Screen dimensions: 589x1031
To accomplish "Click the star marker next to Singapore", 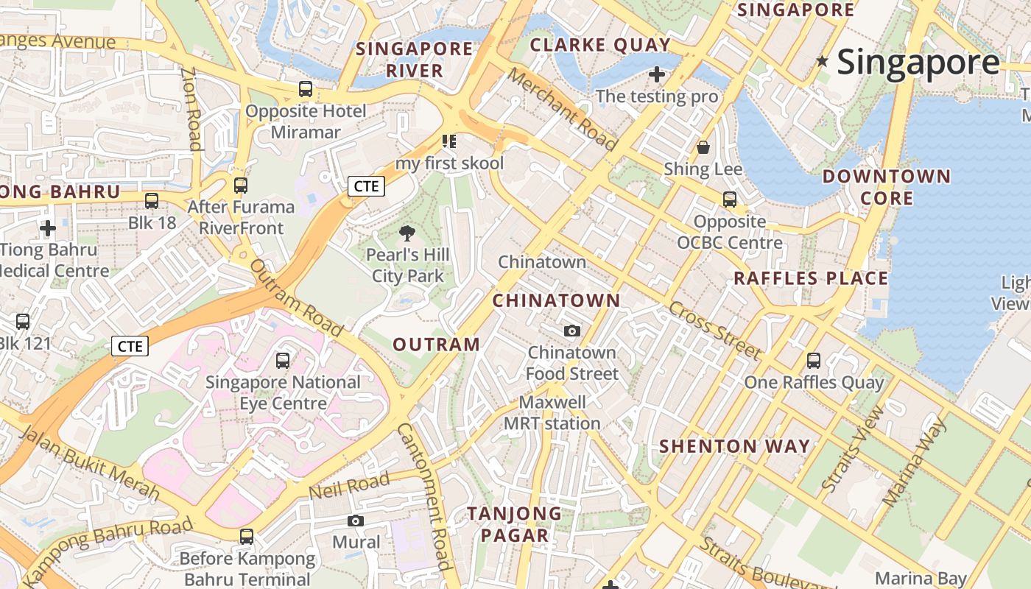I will click(x=823, y=62).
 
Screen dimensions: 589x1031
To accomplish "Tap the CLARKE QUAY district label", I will click(x=600, y=45).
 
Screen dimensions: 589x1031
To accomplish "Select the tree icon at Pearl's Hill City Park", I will click(x=407, y=234).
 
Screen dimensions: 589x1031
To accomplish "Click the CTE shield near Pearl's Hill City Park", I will click(x=366, y=186).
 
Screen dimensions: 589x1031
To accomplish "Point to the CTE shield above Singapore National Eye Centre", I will click(x=130, y=345).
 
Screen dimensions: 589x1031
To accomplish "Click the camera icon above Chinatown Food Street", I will click(x=572, y=331).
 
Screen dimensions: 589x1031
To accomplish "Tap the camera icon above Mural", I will click(x=356, y=521).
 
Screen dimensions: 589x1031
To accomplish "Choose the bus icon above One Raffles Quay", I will click(x=814, y=360).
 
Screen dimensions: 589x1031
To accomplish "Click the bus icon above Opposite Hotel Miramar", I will click(x=306, y=90).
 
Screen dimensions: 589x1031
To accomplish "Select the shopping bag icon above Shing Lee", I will click(x=703, y=147).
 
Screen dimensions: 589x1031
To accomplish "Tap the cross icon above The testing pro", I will click(x=657, y=74).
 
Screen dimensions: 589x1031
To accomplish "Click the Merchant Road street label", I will click(x=561, y=110).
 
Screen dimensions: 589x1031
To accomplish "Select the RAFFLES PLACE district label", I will click(x=811, y=278).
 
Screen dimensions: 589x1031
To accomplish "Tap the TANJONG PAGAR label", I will click(x=514, y=524).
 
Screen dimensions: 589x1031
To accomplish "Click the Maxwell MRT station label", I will click(x=552, y=413).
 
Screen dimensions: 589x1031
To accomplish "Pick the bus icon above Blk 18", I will click(x=152, y=200).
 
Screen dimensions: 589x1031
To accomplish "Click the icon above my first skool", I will click(x=449, y=141).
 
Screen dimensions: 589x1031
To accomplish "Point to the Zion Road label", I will click(x=192, y=109).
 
